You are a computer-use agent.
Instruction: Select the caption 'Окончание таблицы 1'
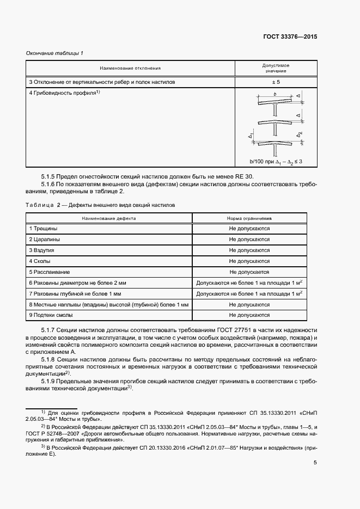point(54,53)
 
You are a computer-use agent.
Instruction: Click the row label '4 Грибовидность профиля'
point(65,93)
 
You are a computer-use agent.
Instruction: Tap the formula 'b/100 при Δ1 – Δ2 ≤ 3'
point(276,162)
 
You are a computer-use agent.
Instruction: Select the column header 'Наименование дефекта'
point(109,218)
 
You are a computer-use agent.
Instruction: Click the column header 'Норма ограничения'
point(249,218)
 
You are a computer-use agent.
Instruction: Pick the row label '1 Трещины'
point(43,229)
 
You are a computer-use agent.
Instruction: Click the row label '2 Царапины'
point(45,240)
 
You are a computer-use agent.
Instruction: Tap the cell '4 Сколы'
point(40,261)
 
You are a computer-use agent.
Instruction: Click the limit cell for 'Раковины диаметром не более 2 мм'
point(249,283)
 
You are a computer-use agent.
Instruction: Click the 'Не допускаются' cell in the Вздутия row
point(249,250)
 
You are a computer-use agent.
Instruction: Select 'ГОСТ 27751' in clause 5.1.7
point(224,331)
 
